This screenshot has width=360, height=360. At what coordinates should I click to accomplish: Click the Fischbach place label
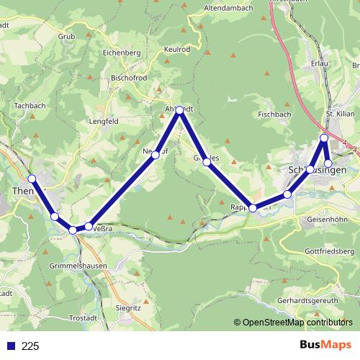pos(274,114)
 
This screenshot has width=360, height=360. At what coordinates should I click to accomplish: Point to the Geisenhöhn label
pos(327,218)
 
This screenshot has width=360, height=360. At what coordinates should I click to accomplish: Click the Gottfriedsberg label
pos(330,251)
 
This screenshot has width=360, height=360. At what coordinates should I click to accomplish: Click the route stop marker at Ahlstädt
pos(180,110)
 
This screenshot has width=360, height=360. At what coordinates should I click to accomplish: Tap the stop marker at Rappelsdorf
pos(253,208)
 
